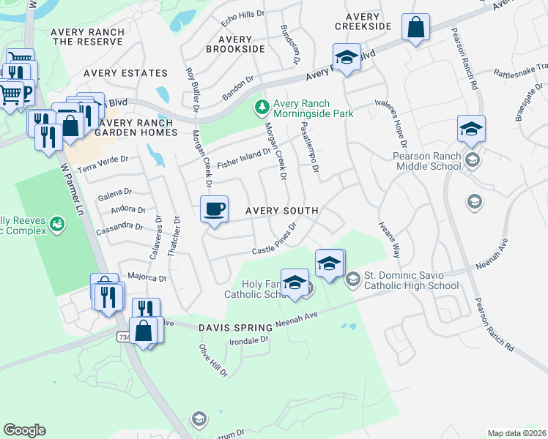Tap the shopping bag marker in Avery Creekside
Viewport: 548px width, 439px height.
tap(415, 29)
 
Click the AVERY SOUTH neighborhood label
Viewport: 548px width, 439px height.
tap(281, 211)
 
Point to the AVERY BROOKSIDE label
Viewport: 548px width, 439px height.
tap(235, 44)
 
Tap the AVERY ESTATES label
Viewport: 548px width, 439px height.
tap(125, 73)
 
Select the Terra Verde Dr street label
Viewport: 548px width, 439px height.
tap(103, 162)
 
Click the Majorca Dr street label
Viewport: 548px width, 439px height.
tap(147, 277)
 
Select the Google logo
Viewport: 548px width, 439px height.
tap(24, 429)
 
